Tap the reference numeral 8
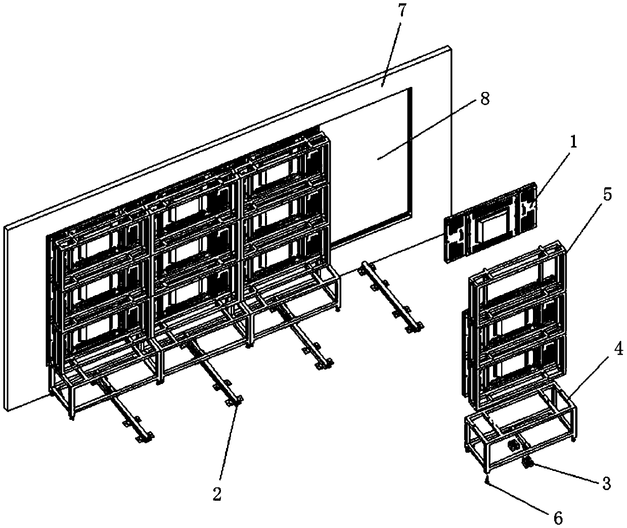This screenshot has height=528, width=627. click(x=484, y=100)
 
